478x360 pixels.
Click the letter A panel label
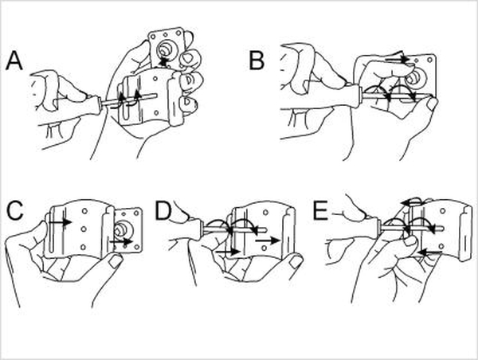pos(14,61)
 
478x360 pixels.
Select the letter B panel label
pos(257,61)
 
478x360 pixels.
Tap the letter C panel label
pos(15,211)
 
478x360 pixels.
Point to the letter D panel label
pos(163,211)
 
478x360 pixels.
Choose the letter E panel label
pos(321,211)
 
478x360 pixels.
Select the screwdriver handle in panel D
pos(196,226)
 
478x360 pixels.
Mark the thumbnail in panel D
pos(295,261)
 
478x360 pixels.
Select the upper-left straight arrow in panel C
pos(61,222)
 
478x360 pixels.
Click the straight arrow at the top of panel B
pos(397,58)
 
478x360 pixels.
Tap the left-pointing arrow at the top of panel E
pos(412,202)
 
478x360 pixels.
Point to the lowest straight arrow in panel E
pos(430,252)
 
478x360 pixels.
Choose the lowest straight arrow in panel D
pos(228,252)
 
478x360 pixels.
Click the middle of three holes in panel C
pos(84,229)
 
